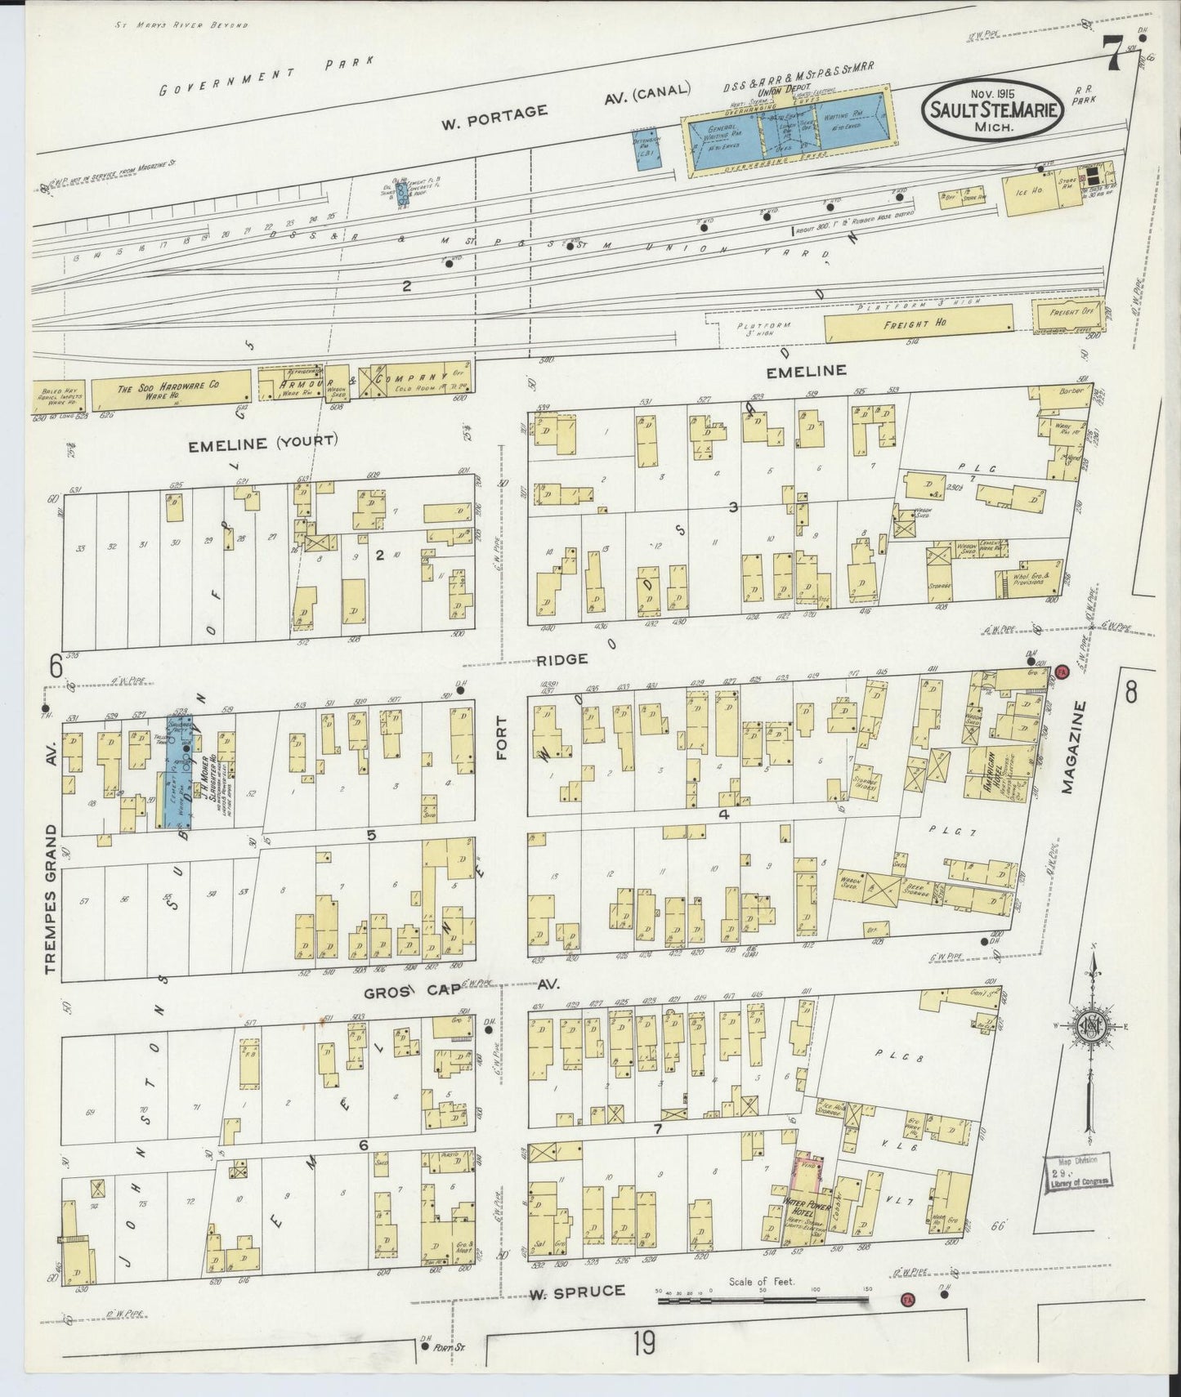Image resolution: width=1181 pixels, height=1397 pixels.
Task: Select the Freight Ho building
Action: coord(919,324)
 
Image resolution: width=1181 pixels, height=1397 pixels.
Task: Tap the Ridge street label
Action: coord(563,658)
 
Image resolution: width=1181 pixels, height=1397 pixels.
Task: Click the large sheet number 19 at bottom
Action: coord(643,1342)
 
